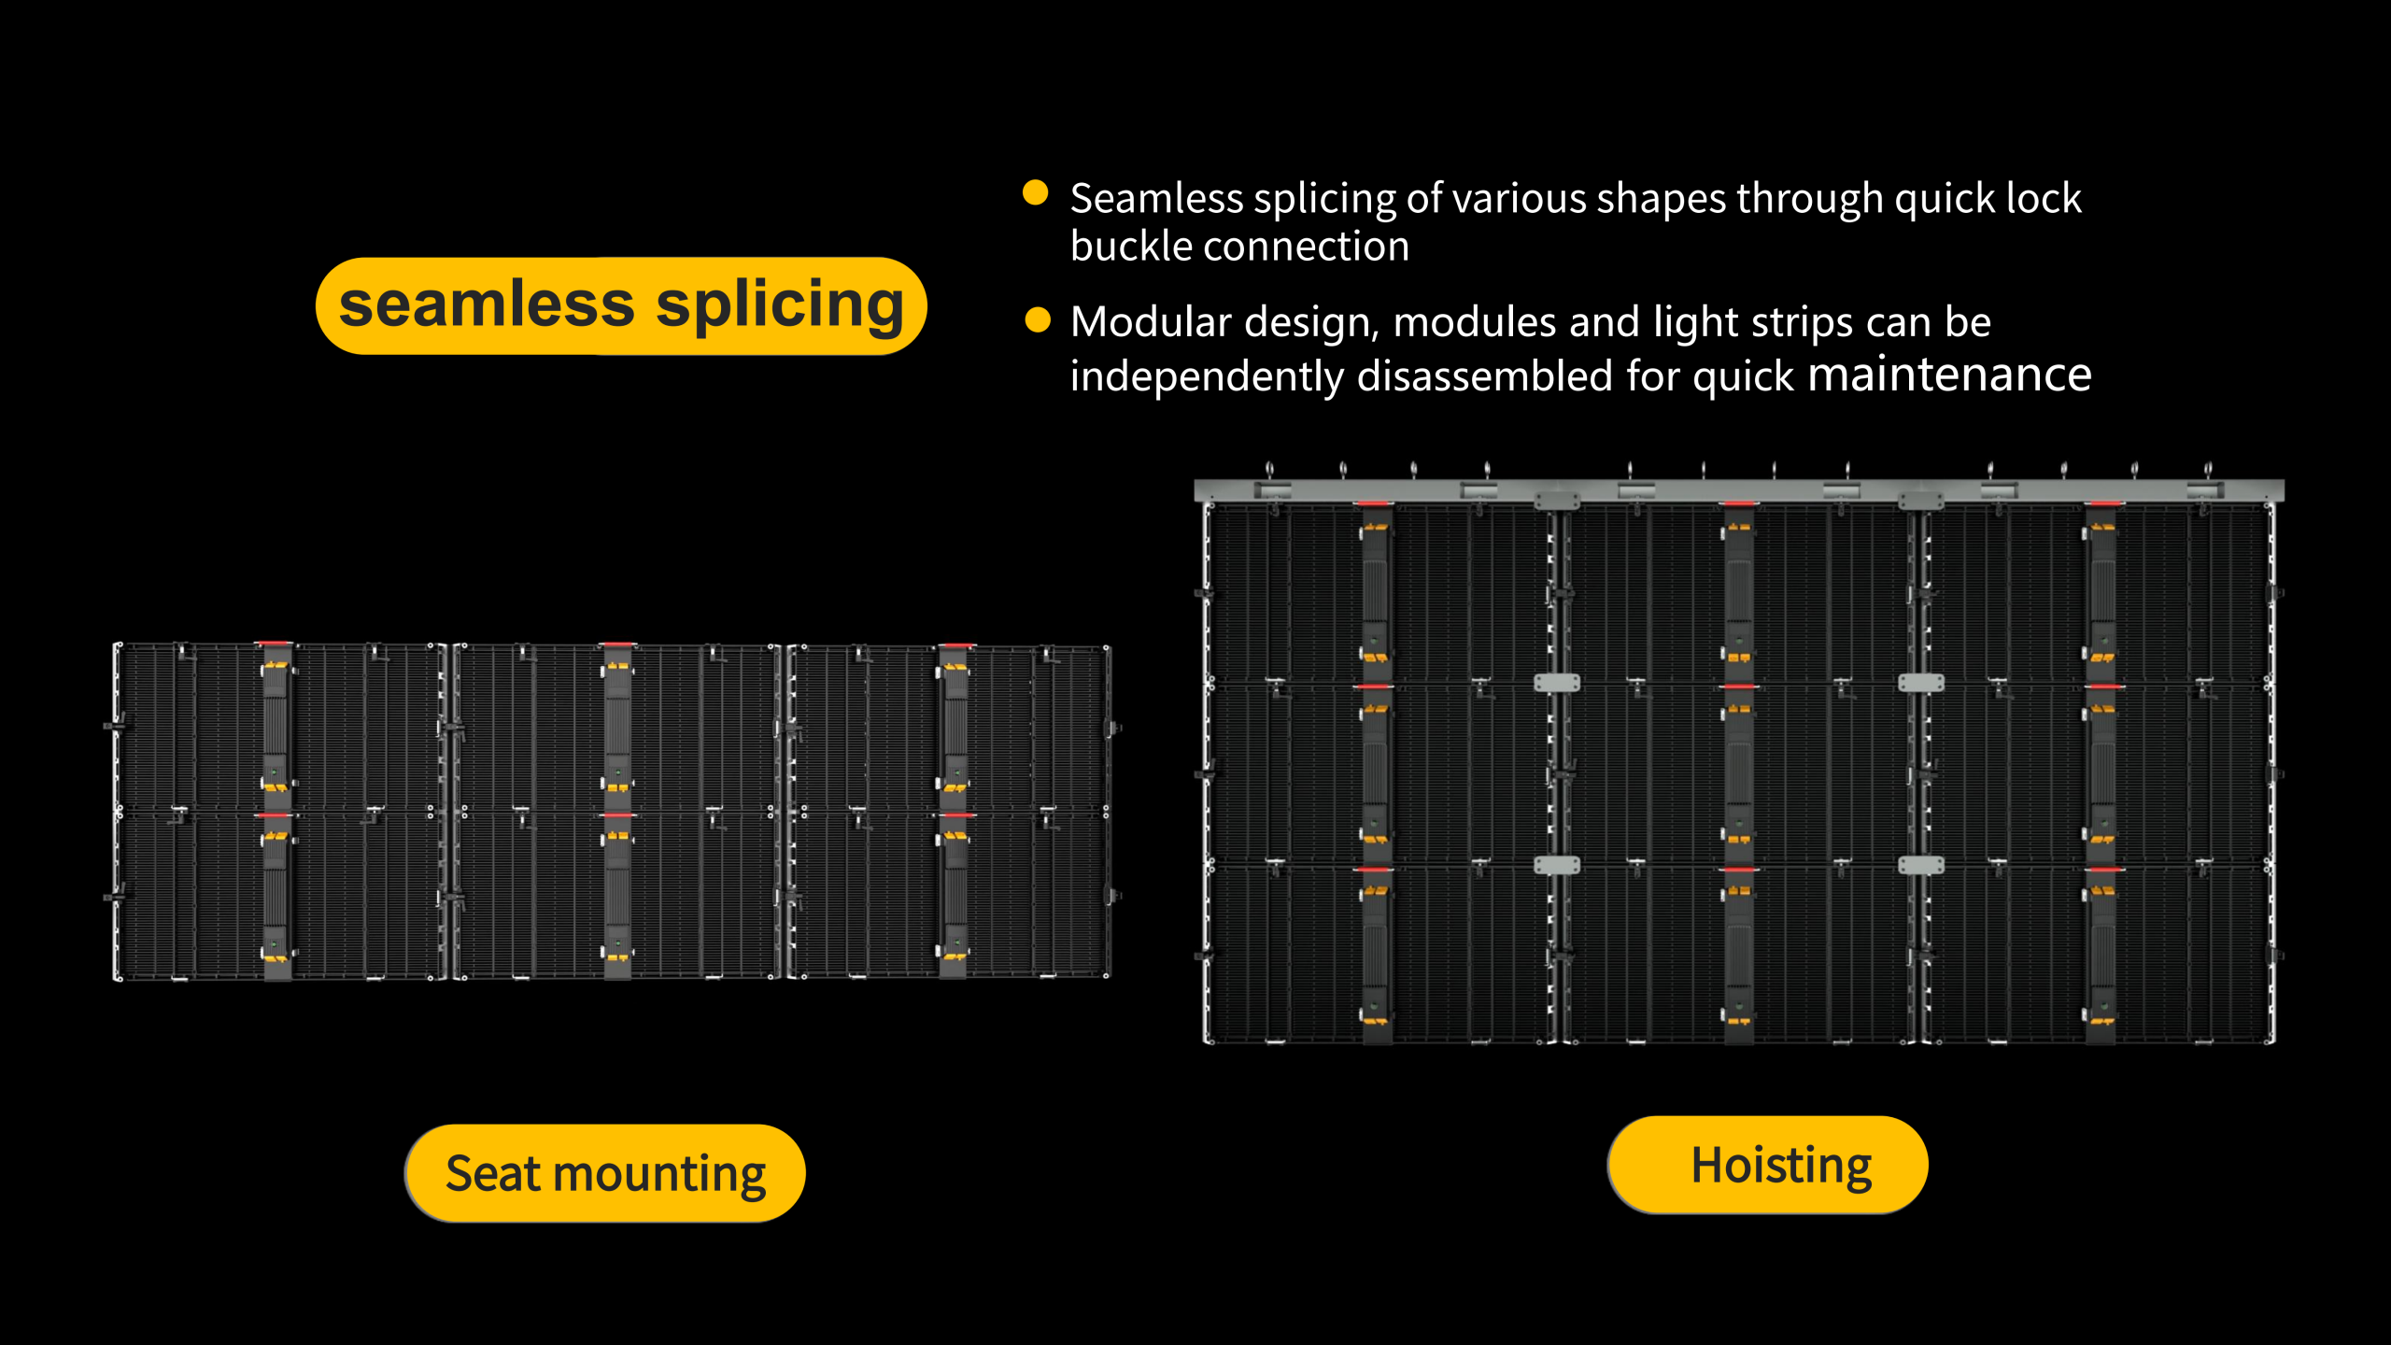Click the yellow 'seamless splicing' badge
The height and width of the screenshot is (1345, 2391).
click(x=621, y=305)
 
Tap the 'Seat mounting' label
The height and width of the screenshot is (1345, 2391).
click(x=605, y=1173)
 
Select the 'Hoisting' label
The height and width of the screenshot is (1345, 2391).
click(x=1767, y=1165)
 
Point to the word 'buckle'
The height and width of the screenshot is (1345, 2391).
click(x=1130, y=247)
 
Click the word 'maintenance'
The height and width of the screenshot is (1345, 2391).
click(x=1949, y=375)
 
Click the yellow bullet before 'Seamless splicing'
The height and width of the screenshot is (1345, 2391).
click(x=1035, y=192)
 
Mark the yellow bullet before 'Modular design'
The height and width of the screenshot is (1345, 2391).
click(x=1038, y=319)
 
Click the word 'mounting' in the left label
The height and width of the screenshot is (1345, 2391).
click(x=659, y=1175)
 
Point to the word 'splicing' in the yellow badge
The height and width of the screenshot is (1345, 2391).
click(x=780, y=306)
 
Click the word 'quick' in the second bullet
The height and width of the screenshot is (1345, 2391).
click(x=1744, y=377)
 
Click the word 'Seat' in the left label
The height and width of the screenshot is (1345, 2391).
click(x=493, y=1173)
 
